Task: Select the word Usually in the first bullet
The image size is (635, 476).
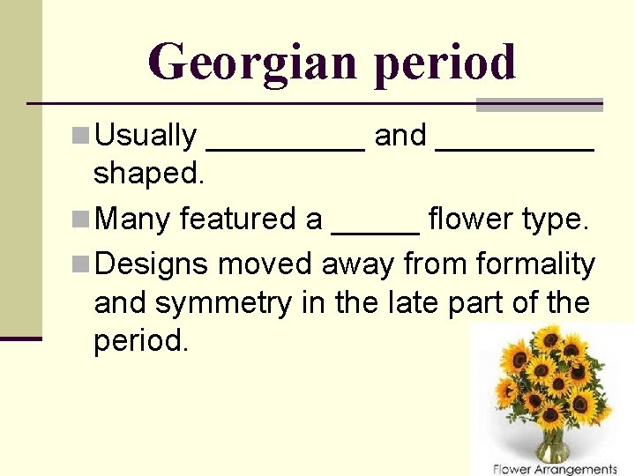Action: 146,136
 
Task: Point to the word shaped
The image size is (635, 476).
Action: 149,175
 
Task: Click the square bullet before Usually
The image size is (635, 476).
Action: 81,135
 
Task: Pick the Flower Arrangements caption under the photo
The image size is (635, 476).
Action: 555,469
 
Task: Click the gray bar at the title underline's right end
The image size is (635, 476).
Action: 539,105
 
